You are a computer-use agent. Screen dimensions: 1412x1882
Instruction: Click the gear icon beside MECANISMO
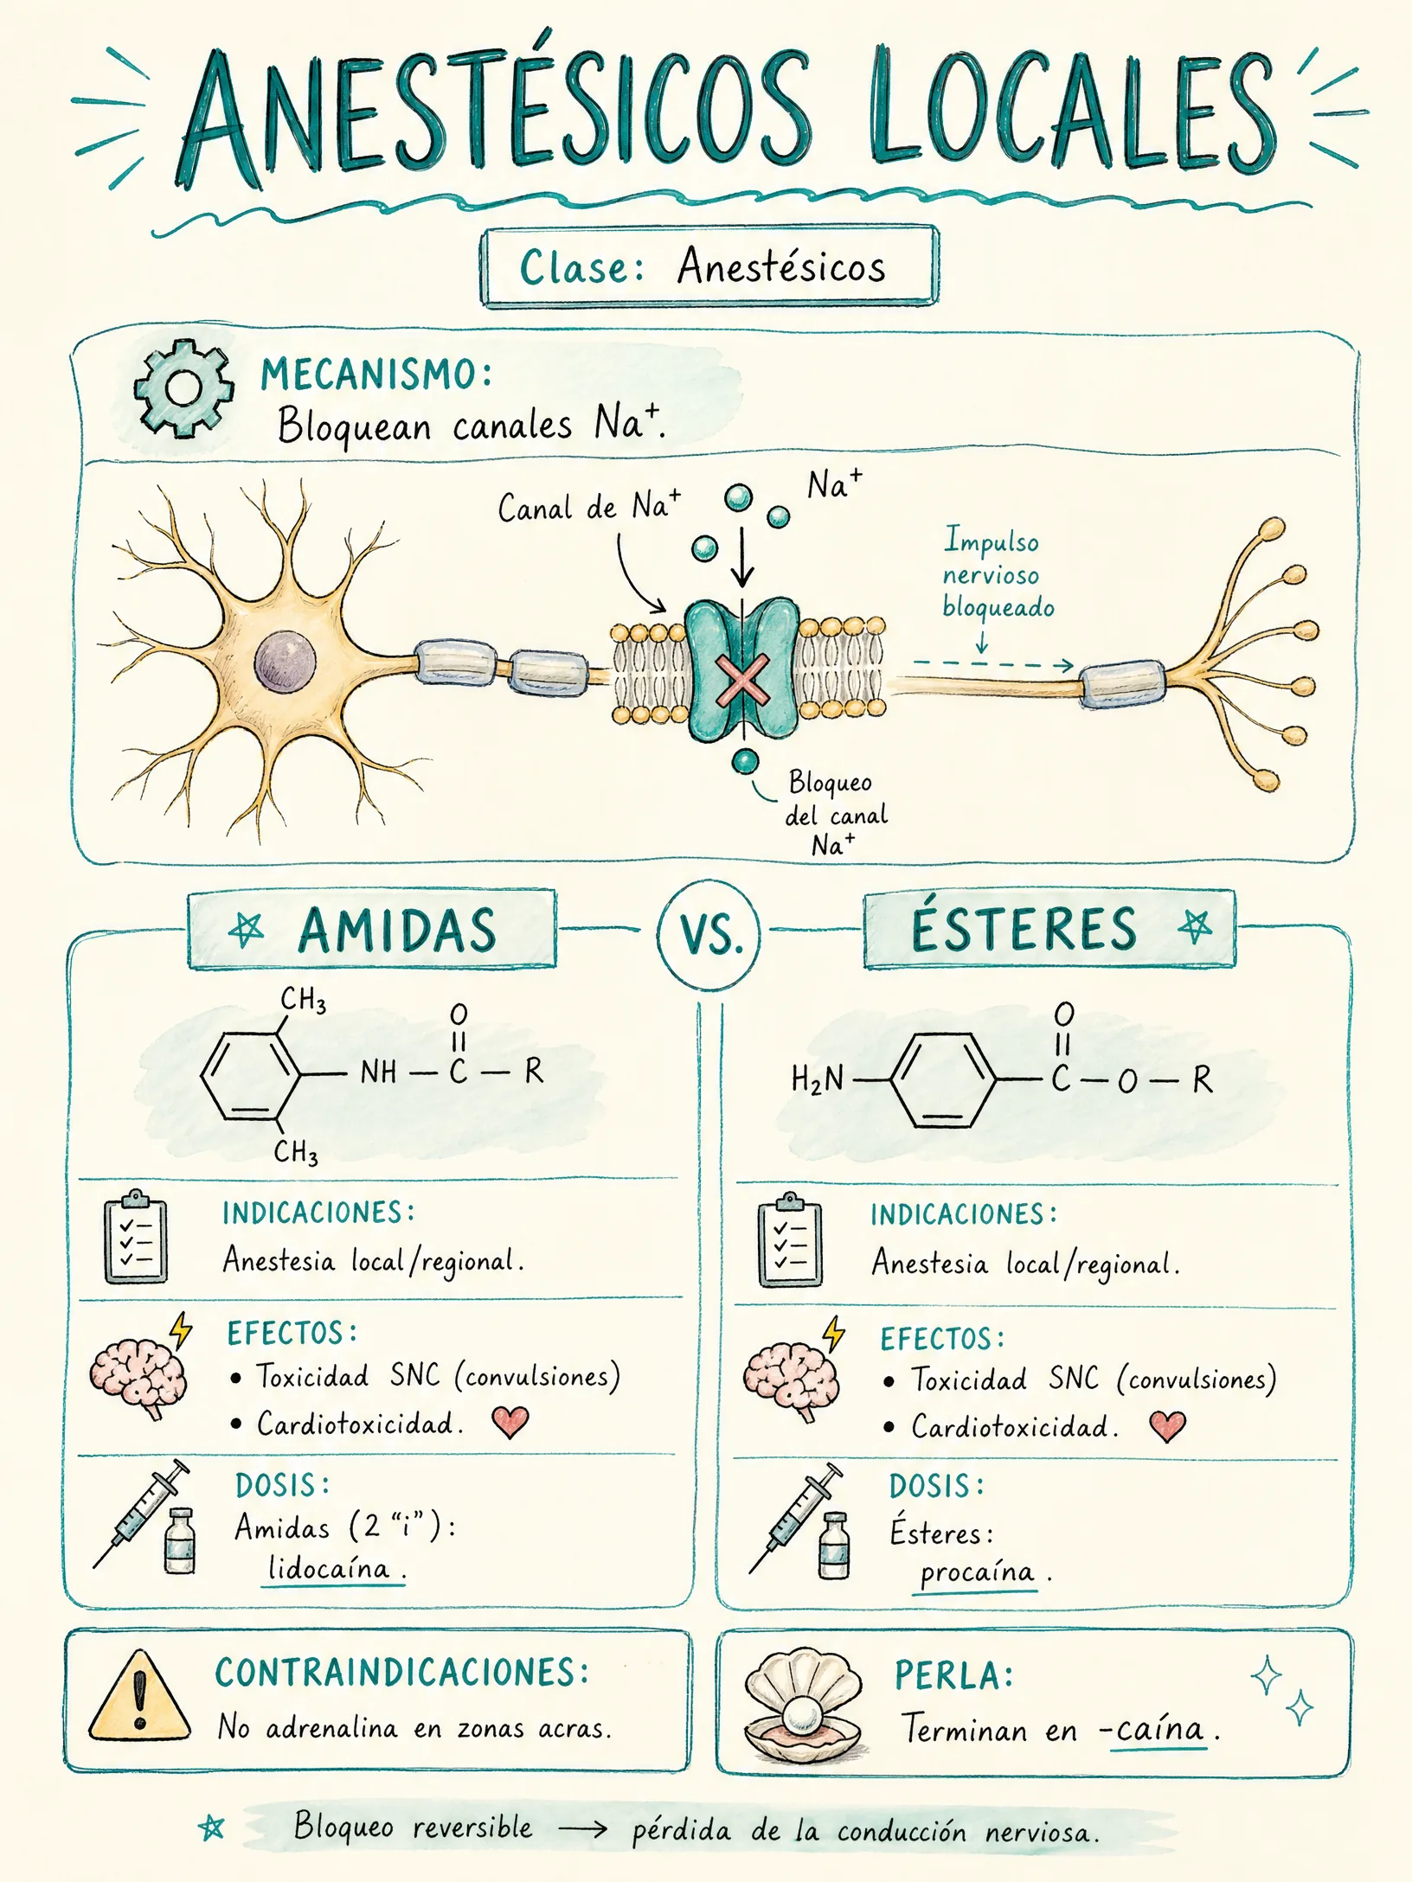pyautogui.click(x=183, y=387)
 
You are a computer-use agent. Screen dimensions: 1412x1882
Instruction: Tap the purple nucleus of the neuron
pyautogui.click(x=286, y=662)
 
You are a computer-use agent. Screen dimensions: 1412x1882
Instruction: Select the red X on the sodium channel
pyautogui.click(x=741, y=681)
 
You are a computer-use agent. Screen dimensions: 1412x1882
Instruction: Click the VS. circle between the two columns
pyautogui.click(x=709, y=934)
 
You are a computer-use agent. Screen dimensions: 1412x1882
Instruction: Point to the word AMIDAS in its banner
pyautogui.click(x=397, y=931)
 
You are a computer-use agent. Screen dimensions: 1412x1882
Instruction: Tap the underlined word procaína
pyautogui.click(x=978, y=1572)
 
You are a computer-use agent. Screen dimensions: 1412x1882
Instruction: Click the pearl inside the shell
pyautogui.click(x=803, y=1713)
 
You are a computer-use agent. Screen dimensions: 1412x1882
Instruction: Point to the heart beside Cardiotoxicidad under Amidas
pyautogui.click(x=510, y=1422)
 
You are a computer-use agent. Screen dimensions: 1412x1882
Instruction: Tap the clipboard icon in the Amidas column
pyautogui.click(x=136, y=1237)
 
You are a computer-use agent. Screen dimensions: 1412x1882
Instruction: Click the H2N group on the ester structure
pyautogui.click(x=817, y=1079)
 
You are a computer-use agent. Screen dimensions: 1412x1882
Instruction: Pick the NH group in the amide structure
pyautogui.click(x=378, y=1072)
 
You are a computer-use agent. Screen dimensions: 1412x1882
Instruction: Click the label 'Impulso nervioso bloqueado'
pyautogui.click(x=998, y=573)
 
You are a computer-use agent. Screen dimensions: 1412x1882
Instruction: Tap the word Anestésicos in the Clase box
pyautogui.click(x=781, y=266)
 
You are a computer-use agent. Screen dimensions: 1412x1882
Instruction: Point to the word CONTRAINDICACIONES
pyautogui.click(x=402, y=1674)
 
